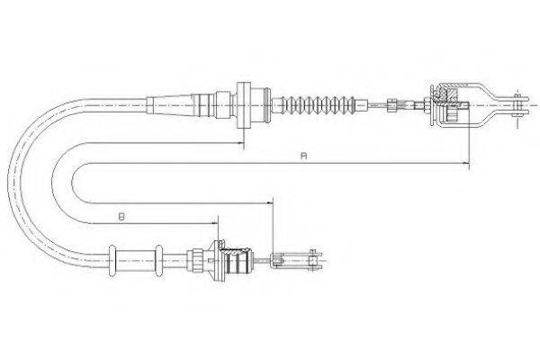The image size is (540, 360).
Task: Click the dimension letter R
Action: click(303, 156)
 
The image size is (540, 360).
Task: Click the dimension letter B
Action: click(121, 217)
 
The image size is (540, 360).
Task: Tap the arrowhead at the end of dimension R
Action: click(465, 163)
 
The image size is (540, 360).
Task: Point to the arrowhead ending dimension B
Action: click(214, 223)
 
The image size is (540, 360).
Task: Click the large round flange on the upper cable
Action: click(244, 105)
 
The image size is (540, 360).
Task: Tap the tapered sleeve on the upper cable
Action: click(170, 104)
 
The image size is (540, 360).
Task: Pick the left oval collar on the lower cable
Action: click(112, 260)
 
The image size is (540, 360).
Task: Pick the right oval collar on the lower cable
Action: click(158, 260)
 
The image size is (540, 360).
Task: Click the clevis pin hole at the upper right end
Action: click(517, 104)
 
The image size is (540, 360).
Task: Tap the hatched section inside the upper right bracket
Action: click(447, 94)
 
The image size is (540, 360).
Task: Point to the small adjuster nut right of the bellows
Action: click(391, 104)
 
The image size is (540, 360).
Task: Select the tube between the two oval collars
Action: click(135, 261)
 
